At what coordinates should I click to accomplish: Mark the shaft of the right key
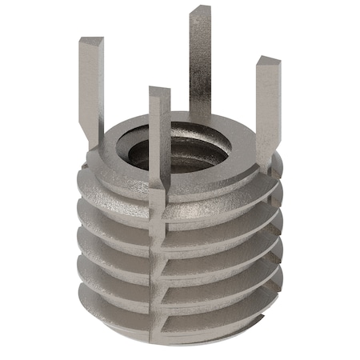click(x=266, y=104)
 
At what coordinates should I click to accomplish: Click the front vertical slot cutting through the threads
click(x=155, y=264)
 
